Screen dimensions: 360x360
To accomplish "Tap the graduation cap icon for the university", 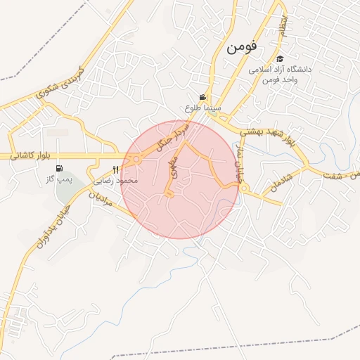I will coord(280,60).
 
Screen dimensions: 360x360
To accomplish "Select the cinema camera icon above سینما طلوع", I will coord(202,98).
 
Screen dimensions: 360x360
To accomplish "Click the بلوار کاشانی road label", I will coord(33,155).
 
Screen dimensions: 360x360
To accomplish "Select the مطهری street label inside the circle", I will coord(174,167).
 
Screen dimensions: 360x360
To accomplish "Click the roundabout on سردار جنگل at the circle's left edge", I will coord(135,160).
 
